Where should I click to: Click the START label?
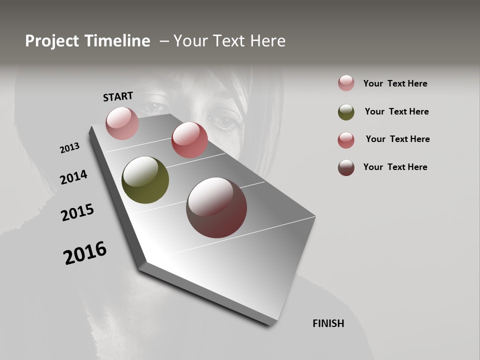point(118,96)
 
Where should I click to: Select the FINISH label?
point(328,323)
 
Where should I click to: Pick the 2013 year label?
point(69,148)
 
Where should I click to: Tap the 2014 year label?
point(73,177)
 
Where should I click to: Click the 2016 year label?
point(85,252)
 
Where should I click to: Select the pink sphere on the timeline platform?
point(122,123)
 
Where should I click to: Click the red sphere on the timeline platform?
point(189,140)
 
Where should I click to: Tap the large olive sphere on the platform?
point(145,180)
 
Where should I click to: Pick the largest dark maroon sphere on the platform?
point(216,207)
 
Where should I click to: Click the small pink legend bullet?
point(346,83)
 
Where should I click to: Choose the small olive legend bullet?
point(346,112)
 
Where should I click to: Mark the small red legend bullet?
point(346,140)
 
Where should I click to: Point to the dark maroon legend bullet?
point(346,167)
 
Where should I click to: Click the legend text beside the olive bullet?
point(396,111)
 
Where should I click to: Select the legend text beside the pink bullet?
point(395,83)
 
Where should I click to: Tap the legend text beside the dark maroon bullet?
point(395,167)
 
